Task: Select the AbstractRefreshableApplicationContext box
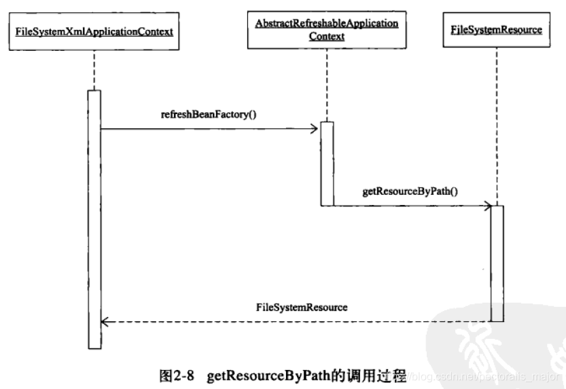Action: pos(326,30)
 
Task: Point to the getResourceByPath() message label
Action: pos(410,192)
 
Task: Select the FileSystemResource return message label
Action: pos(302,307)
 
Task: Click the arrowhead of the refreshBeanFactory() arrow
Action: pos(316,127)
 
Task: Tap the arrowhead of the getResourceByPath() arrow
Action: pos(487,205)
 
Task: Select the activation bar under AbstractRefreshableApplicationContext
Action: pos(327,163)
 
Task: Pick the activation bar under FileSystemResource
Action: pos(497,262)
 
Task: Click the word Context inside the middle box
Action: pos(326,37)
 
